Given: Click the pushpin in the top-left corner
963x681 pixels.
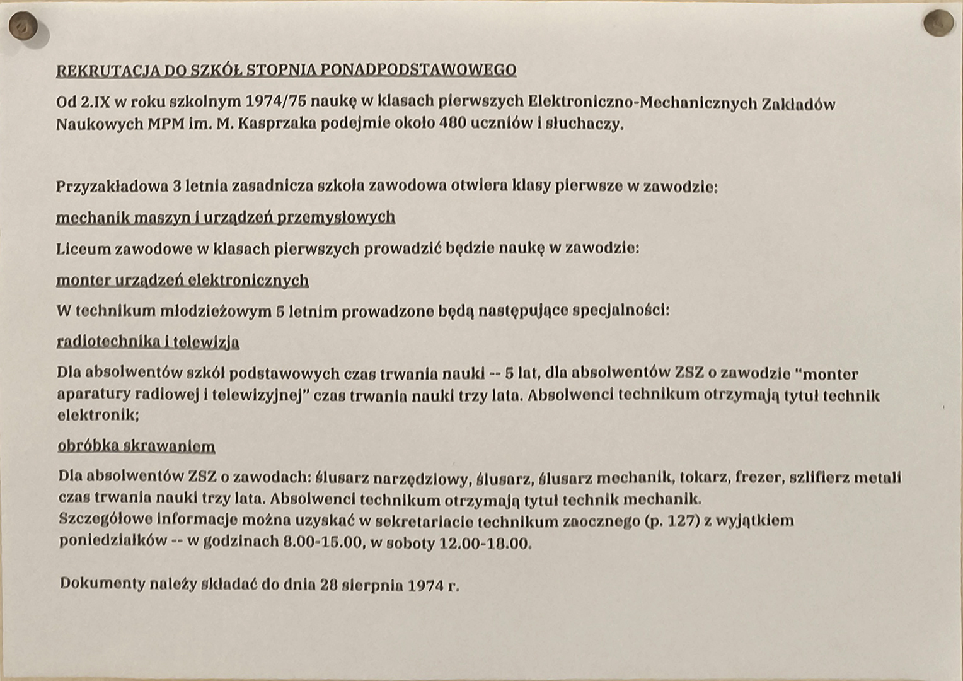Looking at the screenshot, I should point(23,27).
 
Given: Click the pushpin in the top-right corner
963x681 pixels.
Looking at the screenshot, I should point(938,23).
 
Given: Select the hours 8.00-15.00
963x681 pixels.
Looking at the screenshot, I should point(323,542).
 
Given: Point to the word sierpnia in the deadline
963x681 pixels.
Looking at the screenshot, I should point(372,585).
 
